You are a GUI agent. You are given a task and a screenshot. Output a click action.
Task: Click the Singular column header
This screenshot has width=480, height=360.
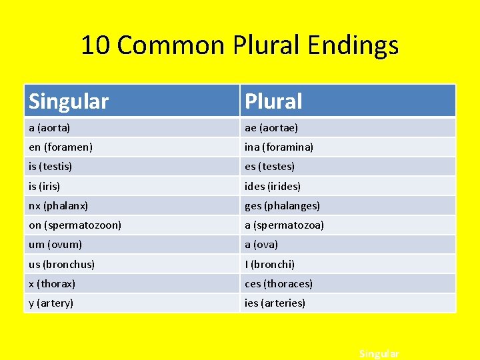click(x=69, y=101)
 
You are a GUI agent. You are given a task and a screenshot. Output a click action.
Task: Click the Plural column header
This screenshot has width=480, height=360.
click(x=273, y=101)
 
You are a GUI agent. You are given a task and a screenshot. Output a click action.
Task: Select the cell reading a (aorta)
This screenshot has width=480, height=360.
click(x=49, y=127)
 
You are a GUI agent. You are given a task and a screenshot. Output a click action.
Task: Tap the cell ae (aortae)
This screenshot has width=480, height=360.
click(x=271, y=127)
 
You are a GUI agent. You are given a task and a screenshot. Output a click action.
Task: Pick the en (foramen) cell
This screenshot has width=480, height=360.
click(x=61, y=147)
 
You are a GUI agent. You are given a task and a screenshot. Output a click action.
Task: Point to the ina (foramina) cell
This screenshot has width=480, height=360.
click(x=279, y=147)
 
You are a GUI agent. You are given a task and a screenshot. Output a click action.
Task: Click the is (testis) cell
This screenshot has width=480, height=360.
click(x=50, y=166)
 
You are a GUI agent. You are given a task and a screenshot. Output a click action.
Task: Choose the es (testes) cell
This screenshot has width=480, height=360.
click(x=269, y=166)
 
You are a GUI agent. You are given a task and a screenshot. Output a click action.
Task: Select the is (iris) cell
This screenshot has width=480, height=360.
click(x=44, y=186)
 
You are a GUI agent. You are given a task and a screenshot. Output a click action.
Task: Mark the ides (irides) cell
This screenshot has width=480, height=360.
click(x=273, y=186)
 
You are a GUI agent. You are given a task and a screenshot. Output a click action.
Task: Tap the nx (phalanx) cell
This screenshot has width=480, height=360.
click(x=58, y=205)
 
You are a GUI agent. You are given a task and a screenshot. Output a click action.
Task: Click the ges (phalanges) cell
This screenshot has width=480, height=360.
click(x=282, y=205)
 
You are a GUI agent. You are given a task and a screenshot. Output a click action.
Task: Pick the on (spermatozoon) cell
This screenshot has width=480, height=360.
click(x=75, y=225)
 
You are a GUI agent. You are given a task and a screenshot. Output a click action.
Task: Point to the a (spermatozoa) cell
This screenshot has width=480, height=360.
click(x=284, y=225)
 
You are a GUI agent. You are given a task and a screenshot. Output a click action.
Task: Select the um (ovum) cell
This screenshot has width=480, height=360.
click(x=55, y=245)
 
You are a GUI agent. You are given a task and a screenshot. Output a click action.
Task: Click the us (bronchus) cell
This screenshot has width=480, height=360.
click(x=61, y=264)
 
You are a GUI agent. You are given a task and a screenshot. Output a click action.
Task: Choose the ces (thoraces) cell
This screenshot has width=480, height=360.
click(x=279, y=283)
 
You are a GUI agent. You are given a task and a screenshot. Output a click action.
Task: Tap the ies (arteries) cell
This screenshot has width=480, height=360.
click(x=275, y=303)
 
